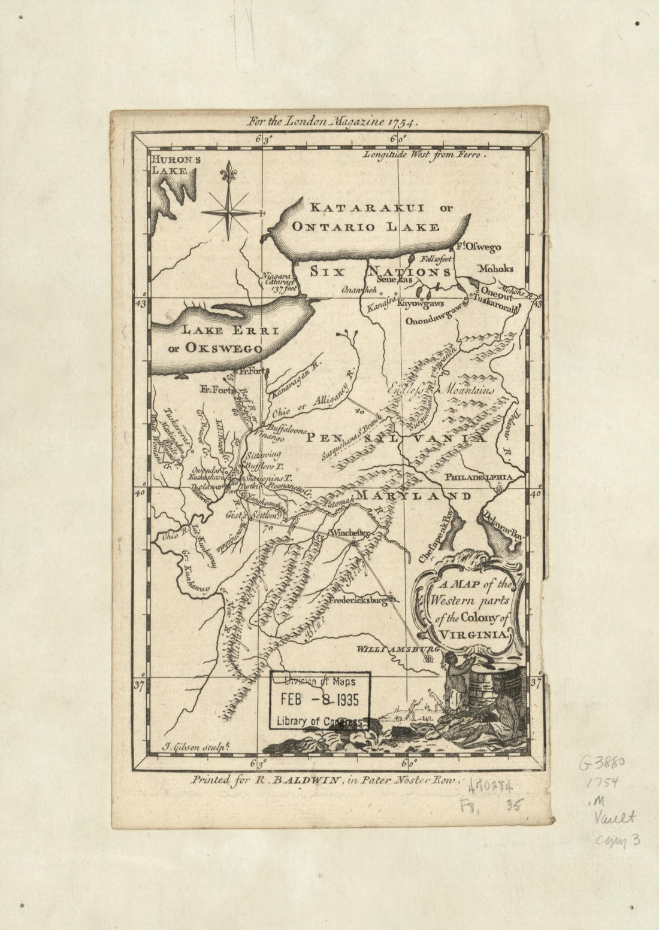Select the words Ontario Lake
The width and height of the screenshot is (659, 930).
coord(365,227)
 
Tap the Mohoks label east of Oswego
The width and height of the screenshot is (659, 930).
coord(495,269)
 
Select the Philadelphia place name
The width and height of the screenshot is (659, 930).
coord(479,477)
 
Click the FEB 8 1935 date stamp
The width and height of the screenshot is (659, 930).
coord(320,700)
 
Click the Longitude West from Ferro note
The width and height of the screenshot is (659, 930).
coord(425,154)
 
